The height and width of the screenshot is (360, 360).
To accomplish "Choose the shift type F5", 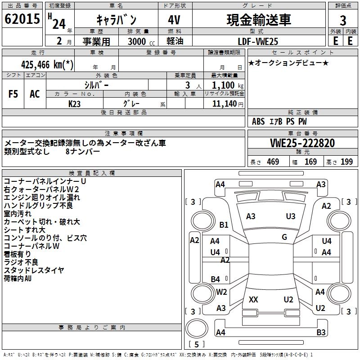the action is click(13, 94).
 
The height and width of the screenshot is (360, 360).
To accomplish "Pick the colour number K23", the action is click(75, 103).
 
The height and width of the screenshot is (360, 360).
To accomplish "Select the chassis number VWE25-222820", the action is click(302, 143).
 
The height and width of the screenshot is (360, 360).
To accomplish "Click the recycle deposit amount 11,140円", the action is click(224, 103).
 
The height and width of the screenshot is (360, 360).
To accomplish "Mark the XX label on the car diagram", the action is click(253, 300).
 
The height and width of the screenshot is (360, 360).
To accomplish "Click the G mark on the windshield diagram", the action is click(284, 237).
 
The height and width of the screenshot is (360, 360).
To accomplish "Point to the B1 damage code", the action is click(224, 225).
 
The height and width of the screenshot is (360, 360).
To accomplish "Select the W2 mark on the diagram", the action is click(221, 292).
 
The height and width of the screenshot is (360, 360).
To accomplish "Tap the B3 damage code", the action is click(321, 333).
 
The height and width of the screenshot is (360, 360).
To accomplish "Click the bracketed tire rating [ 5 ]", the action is click(197, 345).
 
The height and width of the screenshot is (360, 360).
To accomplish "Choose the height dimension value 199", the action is click(346, 162).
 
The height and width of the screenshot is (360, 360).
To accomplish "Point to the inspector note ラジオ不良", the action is click(21, 262).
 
